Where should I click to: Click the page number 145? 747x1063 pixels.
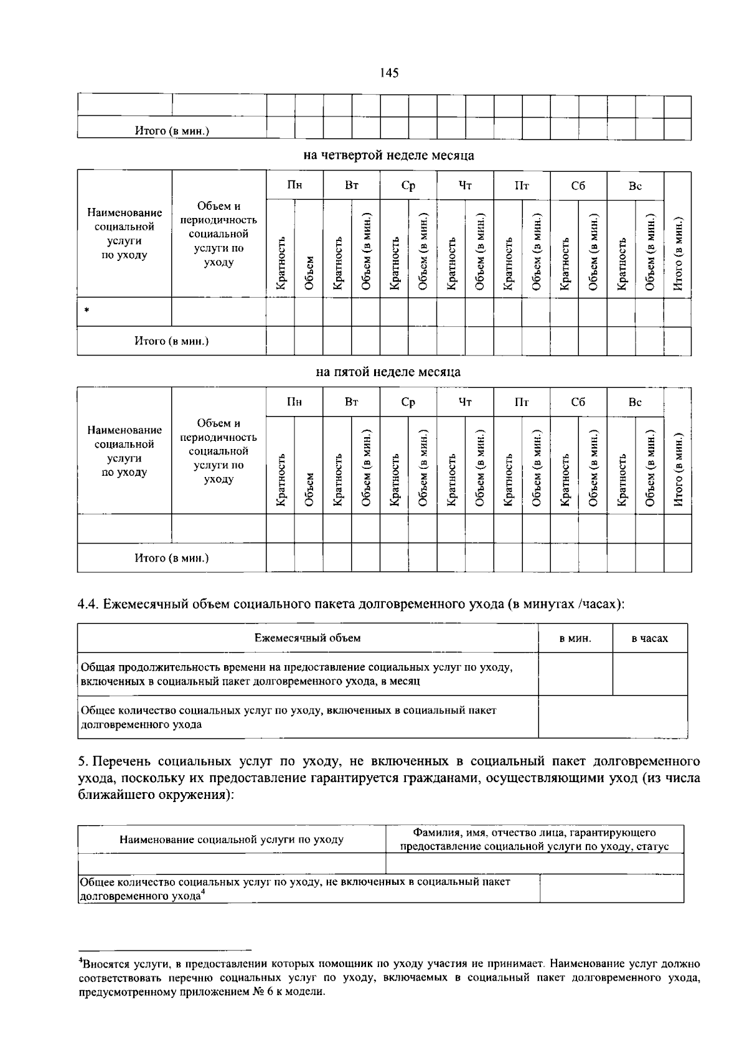click(x=389, y=73)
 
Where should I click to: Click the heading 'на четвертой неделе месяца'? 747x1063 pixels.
click(x=388, y=155)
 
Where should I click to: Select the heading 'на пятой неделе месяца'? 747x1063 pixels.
click(x=388, y=372)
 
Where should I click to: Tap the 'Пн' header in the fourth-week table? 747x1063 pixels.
click(x=294, y=186)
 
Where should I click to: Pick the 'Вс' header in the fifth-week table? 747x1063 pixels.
click(x=635, y=402)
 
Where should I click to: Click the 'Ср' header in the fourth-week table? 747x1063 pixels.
click(x=408, y=186)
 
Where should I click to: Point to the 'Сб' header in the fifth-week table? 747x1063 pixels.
click(x=578, y=402)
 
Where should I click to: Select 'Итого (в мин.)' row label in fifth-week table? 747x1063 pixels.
click(x=171, y=558)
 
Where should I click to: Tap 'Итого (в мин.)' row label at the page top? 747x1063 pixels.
click(x=171, y=131)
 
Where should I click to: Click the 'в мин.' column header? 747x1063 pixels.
click(x=575, y=638)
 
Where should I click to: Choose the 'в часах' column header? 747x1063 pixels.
click(x=649, y=638)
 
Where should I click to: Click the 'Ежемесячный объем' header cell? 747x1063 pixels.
click(x=308, y=638)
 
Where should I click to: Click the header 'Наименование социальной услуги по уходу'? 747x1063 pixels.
click(x=232, y=839)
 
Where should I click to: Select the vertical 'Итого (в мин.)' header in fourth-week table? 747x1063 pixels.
click(x=678, y=253)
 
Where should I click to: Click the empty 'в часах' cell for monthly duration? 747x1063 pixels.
click(x=650, y=674)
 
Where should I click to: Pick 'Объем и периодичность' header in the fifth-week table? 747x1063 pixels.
click(x=218, y=451)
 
